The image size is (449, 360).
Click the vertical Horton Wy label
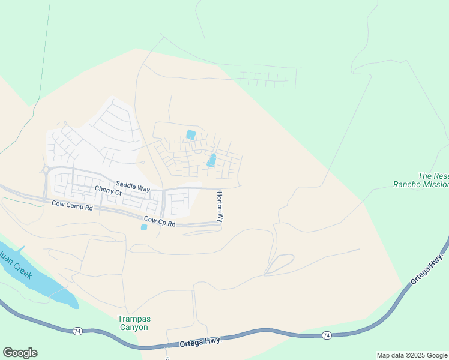tap(220, 208)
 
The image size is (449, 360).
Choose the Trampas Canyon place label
tap(133, 323)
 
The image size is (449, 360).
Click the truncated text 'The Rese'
tap(433, 176)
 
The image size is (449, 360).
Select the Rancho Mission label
tap(420, 185)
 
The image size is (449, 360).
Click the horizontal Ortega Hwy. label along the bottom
tap(201, 342)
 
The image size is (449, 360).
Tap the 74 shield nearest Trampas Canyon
tap(77, 331)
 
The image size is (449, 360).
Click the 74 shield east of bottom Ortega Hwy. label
tap(326, 335)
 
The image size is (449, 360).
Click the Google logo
tap(20, 353)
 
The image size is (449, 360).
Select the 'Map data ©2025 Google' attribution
tap(412, 355)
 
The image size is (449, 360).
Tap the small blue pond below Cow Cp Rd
tap(143, 227)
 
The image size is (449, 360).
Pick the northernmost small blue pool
tap(191, 135)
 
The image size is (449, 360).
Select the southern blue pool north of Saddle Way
tap(211, 160)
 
